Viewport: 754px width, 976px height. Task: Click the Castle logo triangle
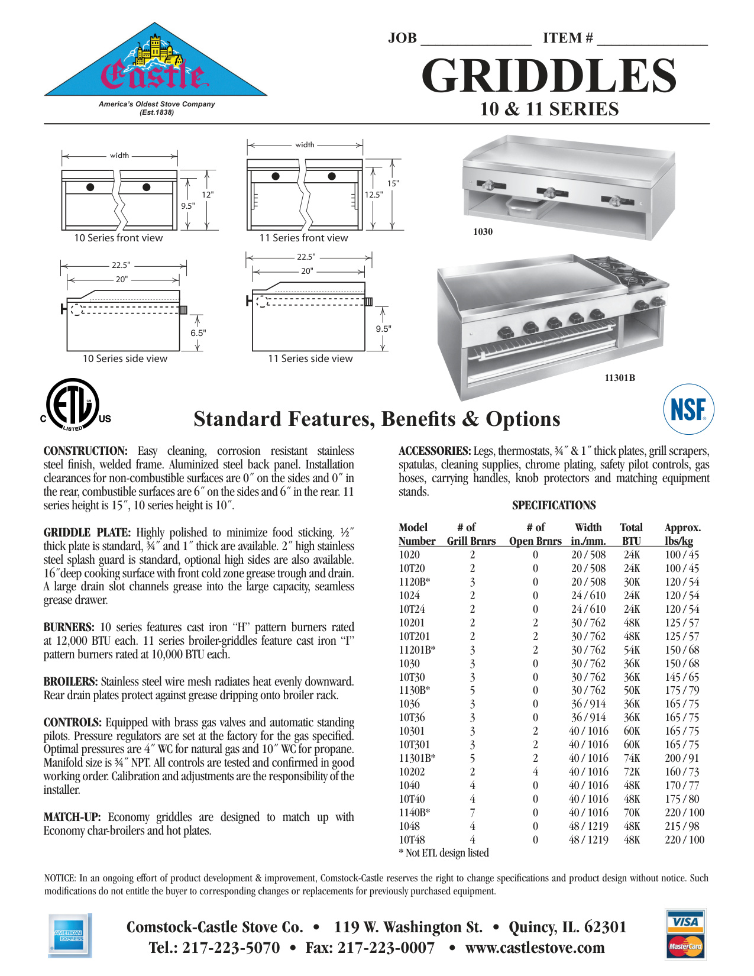[x=155, y=65]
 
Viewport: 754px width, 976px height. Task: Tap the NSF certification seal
[x=688, y=409]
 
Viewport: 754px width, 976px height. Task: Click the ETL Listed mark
[x=73, y=405]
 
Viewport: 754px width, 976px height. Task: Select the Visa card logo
[x=685, y=922]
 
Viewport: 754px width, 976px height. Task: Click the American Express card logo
[x=69, y=935]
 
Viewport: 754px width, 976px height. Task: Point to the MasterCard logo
[x=685, y=946]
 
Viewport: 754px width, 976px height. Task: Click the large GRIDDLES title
[x=548, y=76]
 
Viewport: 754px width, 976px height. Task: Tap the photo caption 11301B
[x=619, y=378]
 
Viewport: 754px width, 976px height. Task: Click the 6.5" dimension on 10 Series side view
[x=198, y=333]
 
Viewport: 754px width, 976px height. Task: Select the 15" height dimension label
[x=393, y=183]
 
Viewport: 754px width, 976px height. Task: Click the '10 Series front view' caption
[x=118, y=238]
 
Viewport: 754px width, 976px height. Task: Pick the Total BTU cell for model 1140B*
[x=632, y=813]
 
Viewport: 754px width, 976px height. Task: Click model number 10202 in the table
[x=412, y=772]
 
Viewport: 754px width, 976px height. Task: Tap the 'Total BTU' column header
[x=631, y=534]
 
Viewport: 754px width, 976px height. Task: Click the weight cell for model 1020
[x=681, y=555]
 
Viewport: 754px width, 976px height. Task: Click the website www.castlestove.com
[x=535, y=948]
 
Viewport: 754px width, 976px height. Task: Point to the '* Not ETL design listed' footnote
[x=444, y=853]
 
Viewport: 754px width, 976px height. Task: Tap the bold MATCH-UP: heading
[x=72, y=817]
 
